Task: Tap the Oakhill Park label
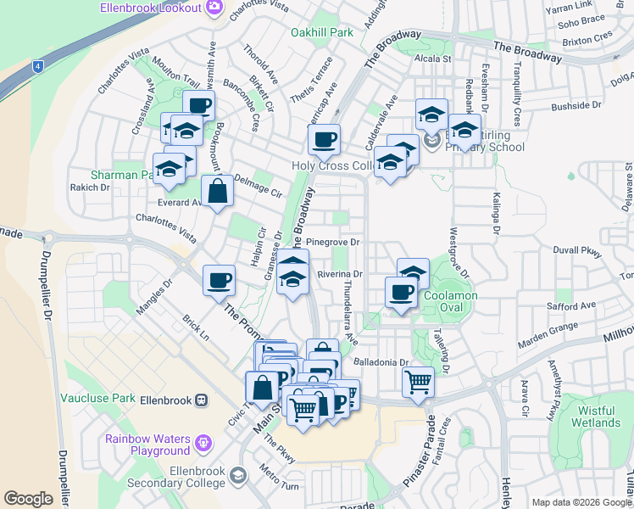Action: click(x=321, y=32)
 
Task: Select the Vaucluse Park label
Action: click(x=98, y=398)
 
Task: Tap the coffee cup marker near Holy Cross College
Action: click(x=323, y=140)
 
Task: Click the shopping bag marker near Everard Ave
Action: click(x=218, y=191)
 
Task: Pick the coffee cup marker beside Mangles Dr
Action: click(x=219, y=280)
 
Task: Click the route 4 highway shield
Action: click(x=38, y=65)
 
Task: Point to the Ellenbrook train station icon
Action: click(x=202, y=400)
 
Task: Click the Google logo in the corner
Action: click(x=28, y=499)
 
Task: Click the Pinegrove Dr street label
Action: click(x=333, y=242)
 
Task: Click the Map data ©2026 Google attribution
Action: click(x=581, y=502)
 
